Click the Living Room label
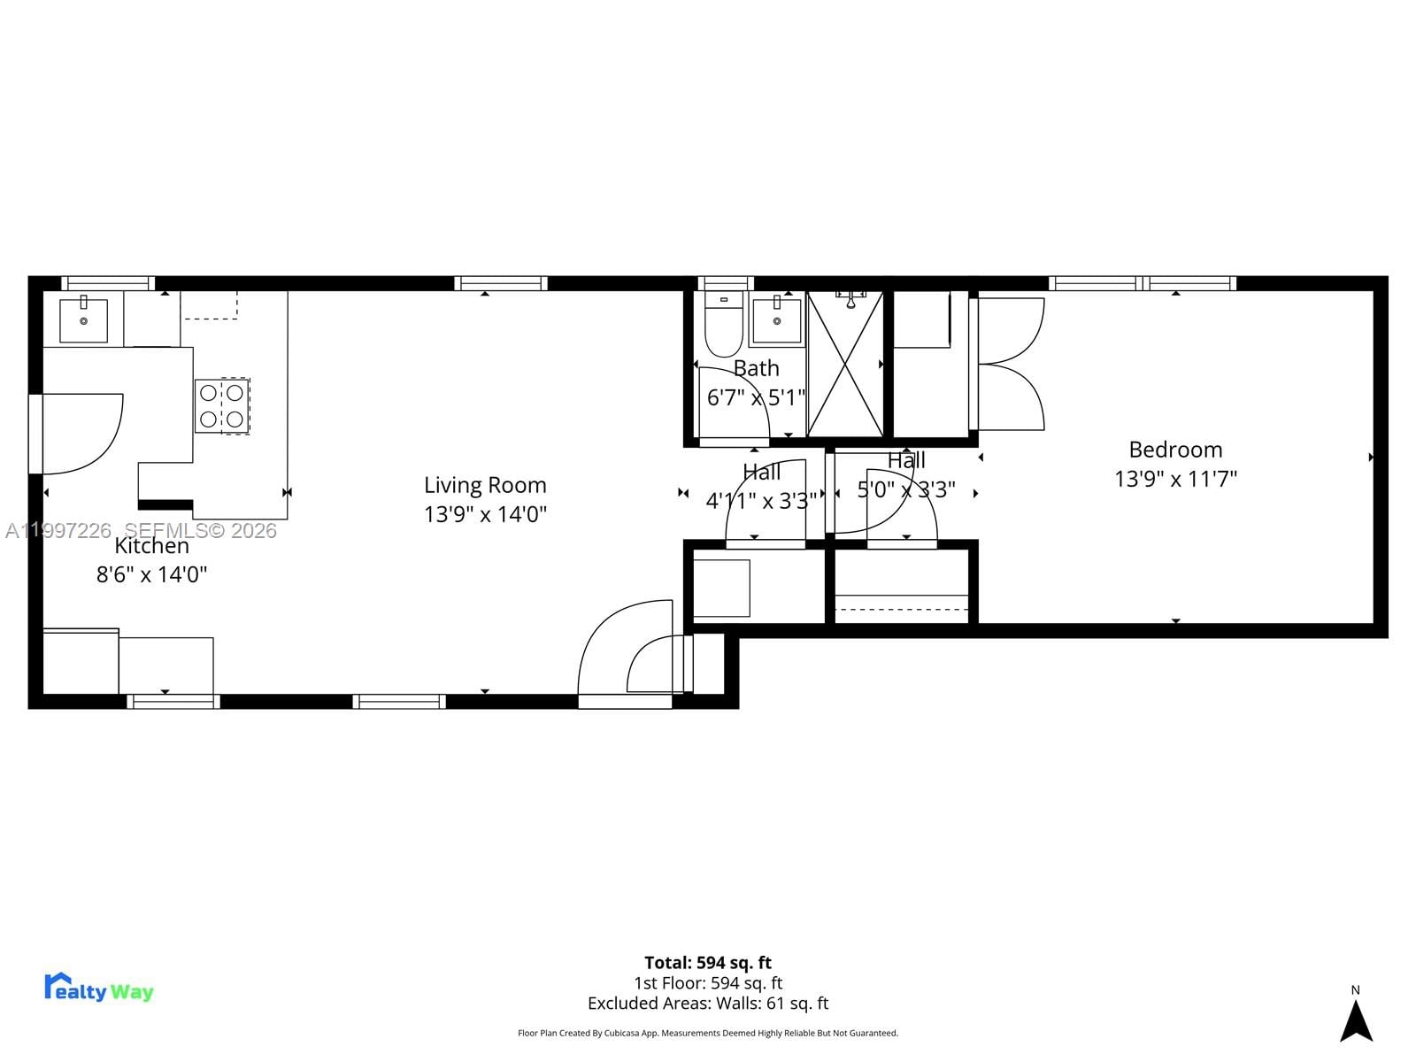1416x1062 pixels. coord(485,485)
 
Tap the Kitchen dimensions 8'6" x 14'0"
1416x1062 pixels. coord(151,574)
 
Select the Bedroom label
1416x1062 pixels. coord(1175,450)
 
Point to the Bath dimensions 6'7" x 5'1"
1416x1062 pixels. coord(756,397)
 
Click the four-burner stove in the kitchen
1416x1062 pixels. coord(222,405)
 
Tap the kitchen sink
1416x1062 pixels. coord(83,320)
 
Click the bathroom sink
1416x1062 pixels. coord(776,320)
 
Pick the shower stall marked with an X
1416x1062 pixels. coord(845,365)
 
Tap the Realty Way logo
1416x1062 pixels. coord(98,988)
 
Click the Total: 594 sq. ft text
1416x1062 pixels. coord(708,962)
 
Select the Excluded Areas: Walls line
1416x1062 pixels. coord(708,1003)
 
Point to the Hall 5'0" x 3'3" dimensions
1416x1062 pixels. coord(906,489)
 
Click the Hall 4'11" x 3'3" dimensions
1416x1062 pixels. coord(761,501)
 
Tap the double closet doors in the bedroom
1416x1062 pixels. coord(1011,364)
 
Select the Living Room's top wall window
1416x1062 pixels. coord(501,283)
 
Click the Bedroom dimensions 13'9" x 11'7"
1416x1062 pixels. coord(1175,479)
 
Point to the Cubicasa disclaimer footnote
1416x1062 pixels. coord(708,1033)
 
